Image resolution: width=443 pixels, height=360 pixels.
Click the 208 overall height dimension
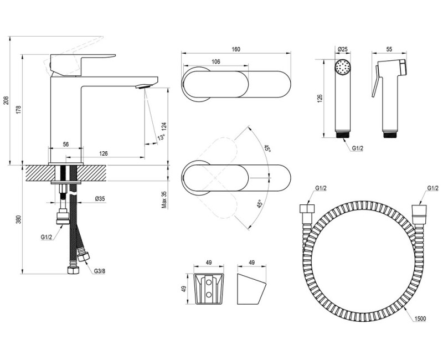(x=6, y=101)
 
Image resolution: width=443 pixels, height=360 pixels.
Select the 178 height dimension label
(x=18, y=109)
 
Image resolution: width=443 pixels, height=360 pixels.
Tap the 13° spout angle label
(x=162, y=137)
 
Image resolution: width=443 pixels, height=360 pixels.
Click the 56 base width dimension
(x=65, y=145)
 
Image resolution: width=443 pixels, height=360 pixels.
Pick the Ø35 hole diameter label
(x=100, y=199)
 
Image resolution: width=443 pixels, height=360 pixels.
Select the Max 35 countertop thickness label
(x=164, y=199)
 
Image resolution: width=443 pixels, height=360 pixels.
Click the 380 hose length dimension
(x=18, y=219)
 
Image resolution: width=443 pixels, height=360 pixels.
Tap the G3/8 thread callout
(x=100, y=271)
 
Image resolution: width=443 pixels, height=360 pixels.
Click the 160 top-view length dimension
(x=236, y=49)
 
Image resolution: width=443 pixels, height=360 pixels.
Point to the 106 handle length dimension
(x=215, y=61)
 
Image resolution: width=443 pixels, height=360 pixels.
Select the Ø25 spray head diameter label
(x=342, y=49)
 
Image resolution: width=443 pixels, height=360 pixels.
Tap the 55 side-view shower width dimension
(x=389, y=49)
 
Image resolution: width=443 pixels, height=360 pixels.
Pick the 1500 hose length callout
(x=420, y=319)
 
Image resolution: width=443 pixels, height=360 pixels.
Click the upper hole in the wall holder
(x=209, y=282)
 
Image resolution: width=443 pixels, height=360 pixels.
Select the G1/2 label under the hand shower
(x=358, y=148)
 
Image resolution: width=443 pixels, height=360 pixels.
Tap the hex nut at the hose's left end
(x=307, y=210)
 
